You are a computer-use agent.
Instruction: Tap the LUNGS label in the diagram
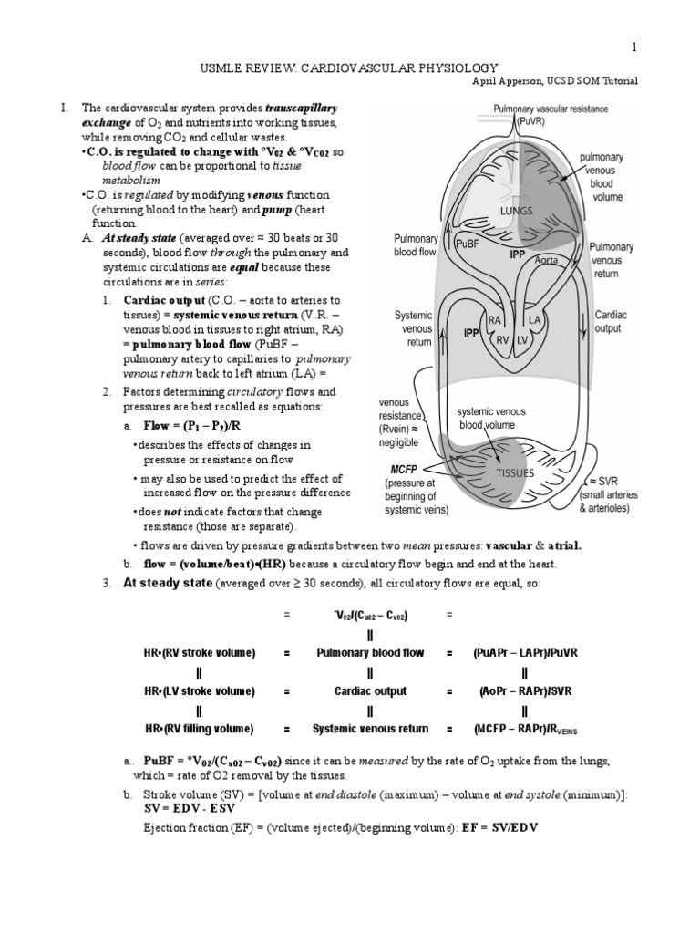tap(516, 210)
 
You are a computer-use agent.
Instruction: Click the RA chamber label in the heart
tap(495, 320)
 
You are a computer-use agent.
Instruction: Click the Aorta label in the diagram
tap(546, 260)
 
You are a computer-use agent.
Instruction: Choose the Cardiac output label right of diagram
tap(616, 320)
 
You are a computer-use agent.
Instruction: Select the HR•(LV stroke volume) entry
tap(199, 691)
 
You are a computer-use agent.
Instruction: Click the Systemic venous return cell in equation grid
tap(370, 729)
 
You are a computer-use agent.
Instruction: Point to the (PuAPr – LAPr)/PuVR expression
tap(526, 653)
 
